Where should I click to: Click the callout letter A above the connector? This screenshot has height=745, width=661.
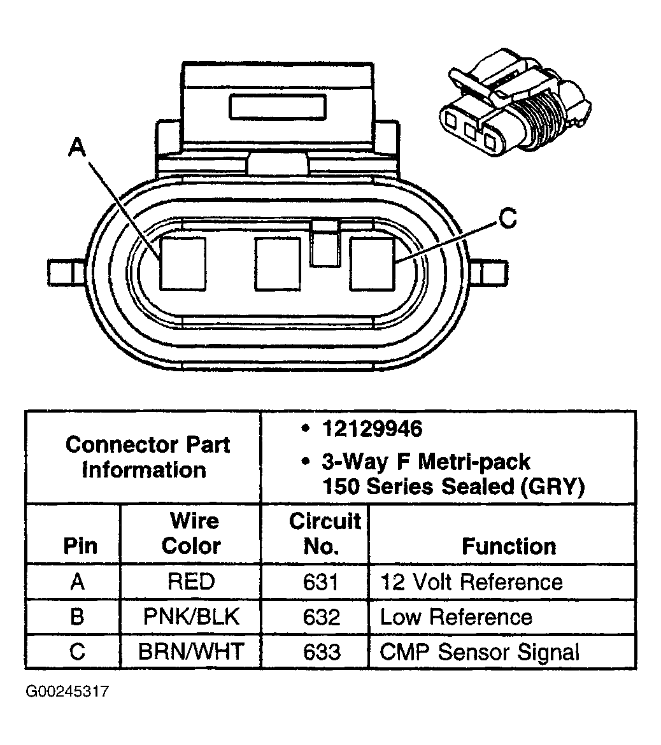pyautogui.click(x=76, y=148)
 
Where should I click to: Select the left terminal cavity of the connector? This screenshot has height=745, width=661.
pyautogui.click(x=183, y=263)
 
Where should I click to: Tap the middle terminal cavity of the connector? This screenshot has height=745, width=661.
pyautogui.click(x=278, y=263)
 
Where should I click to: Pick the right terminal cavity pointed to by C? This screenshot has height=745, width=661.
pyautogui.click(x=373, y=263)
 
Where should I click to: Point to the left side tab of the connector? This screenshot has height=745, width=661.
pyautogui.click(x=67, y=273)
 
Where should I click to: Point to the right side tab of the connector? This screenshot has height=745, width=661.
pyautogui.click(x=491, y=273)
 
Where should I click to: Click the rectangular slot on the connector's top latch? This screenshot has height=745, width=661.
pyautogui.click(x=278, y=107)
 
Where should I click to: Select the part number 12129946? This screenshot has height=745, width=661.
pyautogui.click(x=372, y=429)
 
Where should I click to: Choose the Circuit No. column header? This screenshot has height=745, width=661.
pyautogui.click(x=325, y=534)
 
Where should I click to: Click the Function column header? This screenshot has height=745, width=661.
pyautogui.click(x=508, y=546)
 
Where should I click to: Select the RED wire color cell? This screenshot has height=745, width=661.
pyautogui.click(x=191, y=582)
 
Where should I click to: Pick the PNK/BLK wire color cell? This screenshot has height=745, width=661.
pyautogui.click(x=191, y=617)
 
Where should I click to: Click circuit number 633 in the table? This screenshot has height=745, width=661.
pyautogui.click(x=322, y=652)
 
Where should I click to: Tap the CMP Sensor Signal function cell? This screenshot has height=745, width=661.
pyautogui.click(x=480, y=652)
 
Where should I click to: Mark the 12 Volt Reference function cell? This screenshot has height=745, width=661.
pyautogui.click(x=471, y=582)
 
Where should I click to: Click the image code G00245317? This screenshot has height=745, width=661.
pyautogui.click(x=68, y=692)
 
